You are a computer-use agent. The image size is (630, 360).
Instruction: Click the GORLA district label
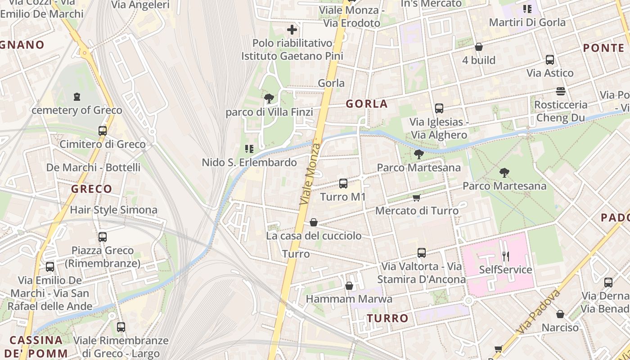pyautogui.click(x=366, y=104)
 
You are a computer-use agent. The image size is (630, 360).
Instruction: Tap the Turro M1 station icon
pyautogui.click(x=343, y=184)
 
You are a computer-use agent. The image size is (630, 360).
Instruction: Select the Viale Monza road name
pyautogui.click(x=311, y=174)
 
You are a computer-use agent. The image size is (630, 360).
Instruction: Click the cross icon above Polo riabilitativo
pyautogui.click(x=292, y=30)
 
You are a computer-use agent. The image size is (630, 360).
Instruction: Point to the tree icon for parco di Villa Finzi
pyautogui.click(x=269, y=99)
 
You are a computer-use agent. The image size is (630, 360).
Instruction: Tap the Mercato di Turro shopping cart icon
pyautogui.click(x=417, y=198)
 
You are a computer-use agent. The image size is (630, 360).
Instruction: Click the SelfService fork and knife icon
pyautogui.click(x=506, y=256)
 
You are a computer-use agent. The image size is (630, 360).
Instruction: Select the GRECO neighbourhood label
pyautogui.click(x=91, y=189)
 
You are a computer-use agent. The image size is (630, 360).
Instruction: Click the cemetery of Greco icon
pyautogui.click(x=77, y=97)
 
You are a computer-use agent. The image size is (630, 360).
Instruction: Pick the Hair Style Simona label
pyautogui.click(x=113, y=210)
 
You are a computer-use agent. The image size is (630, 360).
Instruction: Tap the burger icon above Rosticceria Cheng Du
pyautogui.click(x=560, y=91)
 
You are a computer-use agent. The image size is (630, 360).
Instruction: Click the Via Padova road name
pyautogui.click(x=538, y=311)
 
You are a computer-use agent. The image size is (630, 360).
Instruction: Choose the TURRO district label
pyautogui.click(x=387, y=319)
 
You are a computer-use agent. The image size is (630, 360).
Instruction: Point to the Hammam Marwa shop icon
pyautogui.click(x=349, y=286)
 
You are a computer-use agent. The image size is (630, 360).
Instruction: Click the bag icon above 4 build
pyautogui.click(x=479, y=47)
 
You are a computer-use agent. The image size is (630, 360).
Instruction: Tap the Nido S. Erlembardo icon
pyautogui.click(x=249, y=148)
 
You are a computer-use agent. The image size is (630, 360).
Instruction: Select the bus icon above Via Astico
pyautogui.click(x=549, y=59)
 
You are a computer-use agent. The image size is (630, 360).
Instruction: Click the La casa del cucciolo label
pyautogui.click(x=314, y=236)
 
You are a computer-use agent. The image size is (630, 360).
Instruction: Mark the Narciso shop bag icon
pyautogui.click(x=560, y=314)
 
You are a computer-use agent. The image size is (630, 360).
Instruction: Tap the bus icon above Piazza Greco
pyautogui.click(x=103, y=237)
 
